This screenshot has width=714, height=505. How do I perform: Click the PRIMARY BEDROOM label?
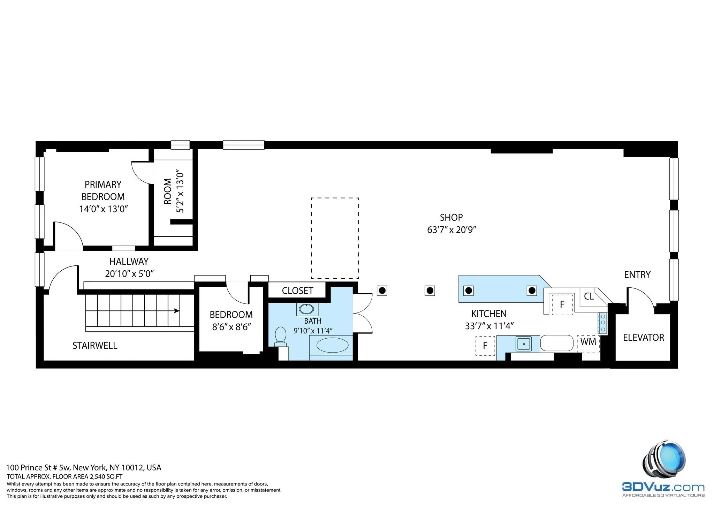click(x=103, y=190)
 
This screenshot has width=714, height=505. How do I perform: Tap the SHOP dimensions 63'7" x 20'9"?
click(x=451, y=230)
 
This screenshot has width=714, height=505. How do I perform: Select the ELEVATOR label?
click(x=643, y=337)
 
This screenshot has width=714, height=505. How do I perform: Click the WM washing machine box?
click(x=588, y=342)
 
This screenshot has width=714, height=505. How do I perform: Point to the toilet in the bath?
click(x=280, y=336)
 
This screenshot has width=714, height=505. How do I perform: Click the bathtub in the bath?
click(x=332, y=346)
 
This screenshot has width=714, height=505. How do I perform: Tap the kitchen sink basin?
click(x=524, y=344)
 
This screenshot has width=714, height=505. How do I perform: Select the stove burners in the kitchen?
click(x=603, y=323)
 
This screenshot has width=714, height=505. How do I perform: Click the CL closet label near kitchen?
click(x=589, y=296)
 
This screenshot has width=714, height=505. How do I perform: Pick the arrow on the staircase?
click(x=177, y=310)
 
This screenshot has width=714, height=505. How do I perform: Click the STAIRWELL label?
click(x=95, y=346)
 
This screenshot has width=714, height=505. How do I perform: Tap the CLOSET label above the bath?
click(x=297, y=291)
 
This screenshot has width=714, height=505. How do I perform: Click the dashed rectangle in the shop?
click(x=335, y=238)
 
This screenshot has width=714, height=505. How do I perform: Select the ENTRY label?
click(x=637, y=275)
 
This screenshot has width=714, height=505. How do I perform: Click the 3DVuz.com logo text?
click(x=663, y=487)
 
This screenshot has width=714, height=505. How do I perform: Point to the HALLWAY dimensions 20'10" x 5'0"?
click(x=129, y=274)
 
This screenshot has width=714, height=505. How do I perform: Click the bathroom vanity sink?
click(x=307, y=309)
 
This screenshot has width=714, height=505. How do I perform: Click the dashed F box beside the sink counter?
click(x=485, y=346)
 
